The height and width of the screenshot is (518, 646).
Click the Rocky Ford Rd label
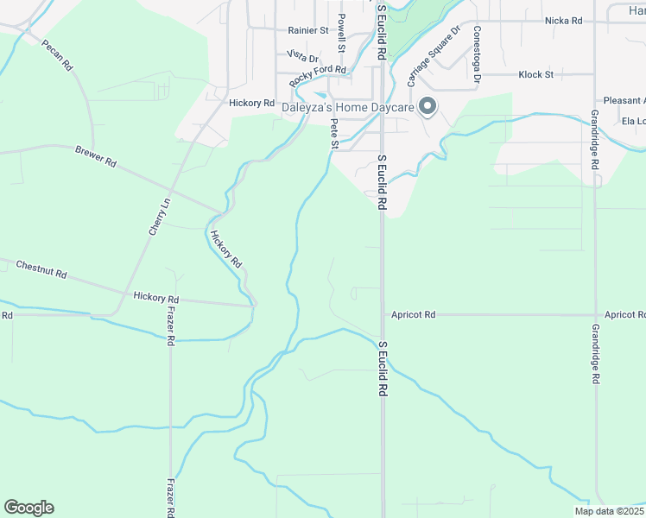pyautogui.click(x=318, y=75)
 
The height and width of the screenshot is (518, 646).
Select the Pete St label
pyautogui.click(x=334, y=134)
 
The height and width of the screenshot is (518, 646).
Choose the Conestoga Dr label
pyautogui.click(x=477, y=54)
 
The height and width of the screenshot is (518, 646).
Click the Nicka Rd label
pyautogui.click(x=564, y=20)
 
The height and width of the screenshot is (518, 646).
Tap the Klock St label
pyautogui.click(x=535, y=75)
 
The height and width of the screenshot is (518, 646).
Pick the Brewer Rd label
pyautogui.click(x=95, y=155)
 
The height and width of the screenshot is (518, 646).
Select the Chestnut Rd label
pyautogui.click(x=41, y=268)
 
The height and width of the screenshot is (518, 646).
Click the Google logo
pyautogui.click(x=28, y=508)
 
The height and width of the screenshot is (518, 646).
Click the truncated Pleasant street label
pyautogui.click(x=624, y=100)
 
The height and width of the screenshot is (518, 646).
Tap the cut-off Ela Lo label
pyautogui.click(x=633, y=121)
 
